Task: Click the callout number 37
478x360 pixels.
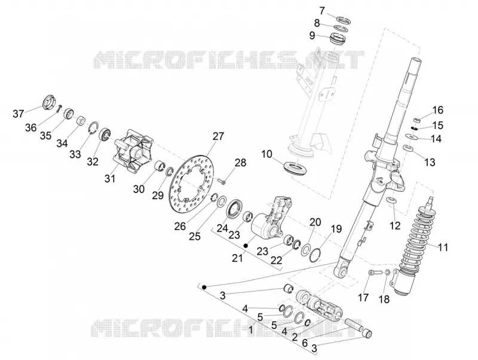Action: click(x=19, y=114)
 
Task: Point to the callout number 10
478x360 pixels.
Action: click(x=266, y=154)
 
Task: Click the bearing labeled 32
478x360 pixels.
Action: click(x=105, y=135)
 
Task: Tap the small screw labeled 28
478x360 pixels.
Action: click(x=221, y=181)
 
